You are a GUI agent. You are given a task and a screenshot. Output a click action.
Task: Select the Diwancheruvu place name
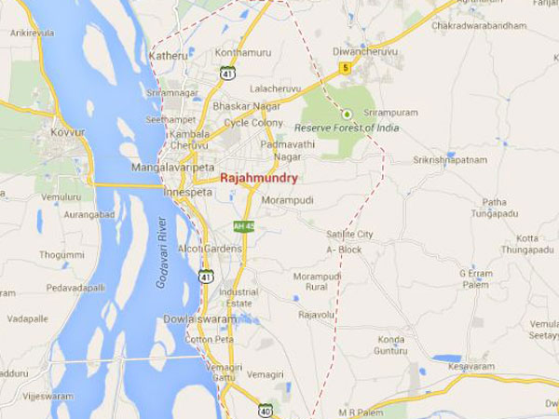359,52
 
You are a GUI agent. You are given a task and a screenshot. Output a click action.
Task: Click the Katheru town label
168,55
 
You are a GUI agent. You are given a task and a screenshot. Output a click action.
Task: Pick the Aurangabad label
59,213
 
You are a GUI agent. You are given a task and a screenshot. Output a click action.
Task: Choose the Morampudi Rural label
319,282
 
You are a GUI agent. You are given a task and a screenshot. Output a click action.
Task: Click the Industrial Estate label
239,297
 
